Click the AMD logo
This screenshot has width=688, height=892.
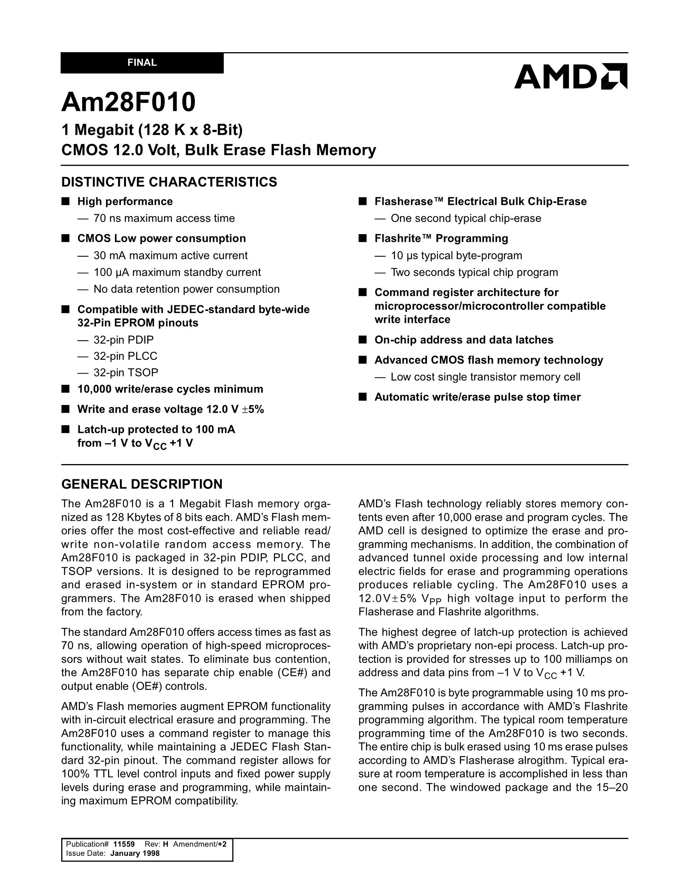[x=570, y=77]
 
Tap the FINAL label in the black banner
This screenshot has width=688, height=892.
[x=142, y=63]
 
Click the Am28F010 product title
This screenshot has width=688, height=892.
[x=129, y=102]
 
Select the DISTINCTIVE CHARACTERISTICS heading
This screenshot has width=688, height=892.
[x=169, y=182]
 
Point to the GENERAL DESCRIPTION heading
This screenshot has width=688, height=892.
[x=142, y=484]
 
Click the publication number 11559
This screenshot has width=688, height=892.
[x=124, y=844]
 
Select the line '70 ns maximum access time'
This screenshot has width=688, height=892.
[x=164, y=219]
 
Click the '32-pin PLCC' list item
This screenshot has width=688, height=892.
[x=125, y=356]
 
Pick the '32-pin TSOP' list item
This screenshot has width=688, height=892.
[x=126, y=372]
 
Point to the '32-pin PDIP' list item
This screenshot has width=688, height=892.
[x=124, y=340]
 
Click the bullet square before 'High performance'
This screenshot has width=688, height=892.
[x=65, y=201]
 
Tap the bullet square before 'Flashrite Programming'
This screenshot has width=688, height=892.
[x=363, y=239]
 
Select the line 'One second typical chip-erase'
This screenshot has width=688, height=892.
[x=466, y=219]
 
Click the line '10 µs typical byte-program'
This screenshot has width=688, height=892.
[x=457, y=256]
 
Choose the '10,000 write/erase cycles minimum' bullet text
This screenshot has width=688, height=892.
[x=170, y=389]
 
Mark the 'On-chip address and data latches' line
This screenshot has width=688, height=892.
[x=464, y=340]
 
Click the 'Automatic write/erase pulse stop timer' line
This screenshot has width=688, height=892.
[x=477, y=397]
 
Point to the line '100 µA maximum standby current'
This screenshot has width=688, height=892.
[x=177, y=273]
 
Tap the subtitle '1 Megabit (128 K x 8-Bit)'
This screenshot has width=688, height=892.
[x=152, y=130]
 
